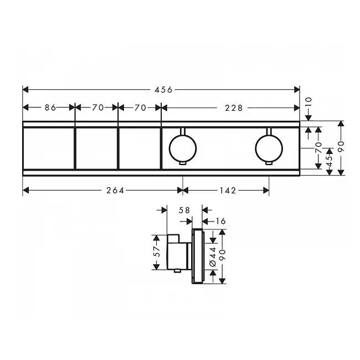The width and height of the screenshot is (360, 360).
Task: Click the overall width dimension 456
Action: coord(163,90)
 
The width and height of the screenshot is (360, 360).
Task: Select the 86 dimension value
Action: coord(50,107)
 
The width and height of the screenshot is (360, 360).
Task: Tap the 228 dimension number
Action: coord(234,107)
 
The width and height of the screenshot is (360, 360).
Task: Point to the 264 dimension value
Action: coord(115,191)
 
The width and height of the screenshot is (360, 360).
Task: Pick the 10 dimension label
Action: coord(309,101)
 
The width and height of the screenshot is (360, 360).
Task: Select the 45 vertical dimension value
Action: coord(329,161)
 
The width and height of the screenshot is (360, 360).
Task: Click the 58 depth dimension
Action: coord(184,210)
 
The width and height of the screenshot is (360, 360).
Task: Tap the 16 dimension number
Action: coord(220,221)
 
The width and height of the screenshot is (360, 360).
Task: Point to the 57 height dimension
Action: coord(157,251)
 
